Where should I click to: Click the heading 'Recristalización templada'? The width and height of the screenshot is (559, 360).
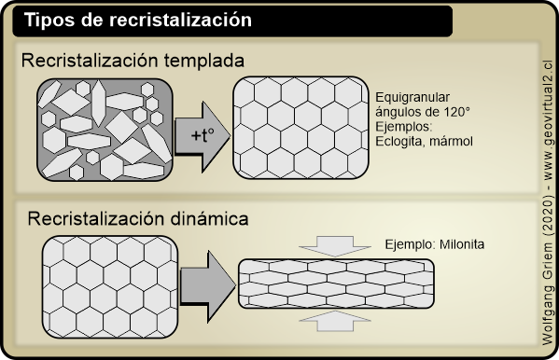133,61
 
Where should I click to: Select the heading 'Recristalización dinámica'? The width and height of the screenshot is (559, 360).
137,220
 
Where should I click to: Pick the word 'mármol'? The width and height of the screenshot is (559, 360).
452,141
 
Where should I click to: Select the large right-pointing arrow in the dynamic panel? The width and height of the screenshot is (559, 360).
206,284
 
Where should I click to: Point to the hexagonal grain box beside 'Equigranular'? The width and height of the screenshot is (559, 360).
299,126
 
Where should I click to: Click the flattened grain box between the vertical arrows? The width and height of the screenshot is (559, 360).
336,283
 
